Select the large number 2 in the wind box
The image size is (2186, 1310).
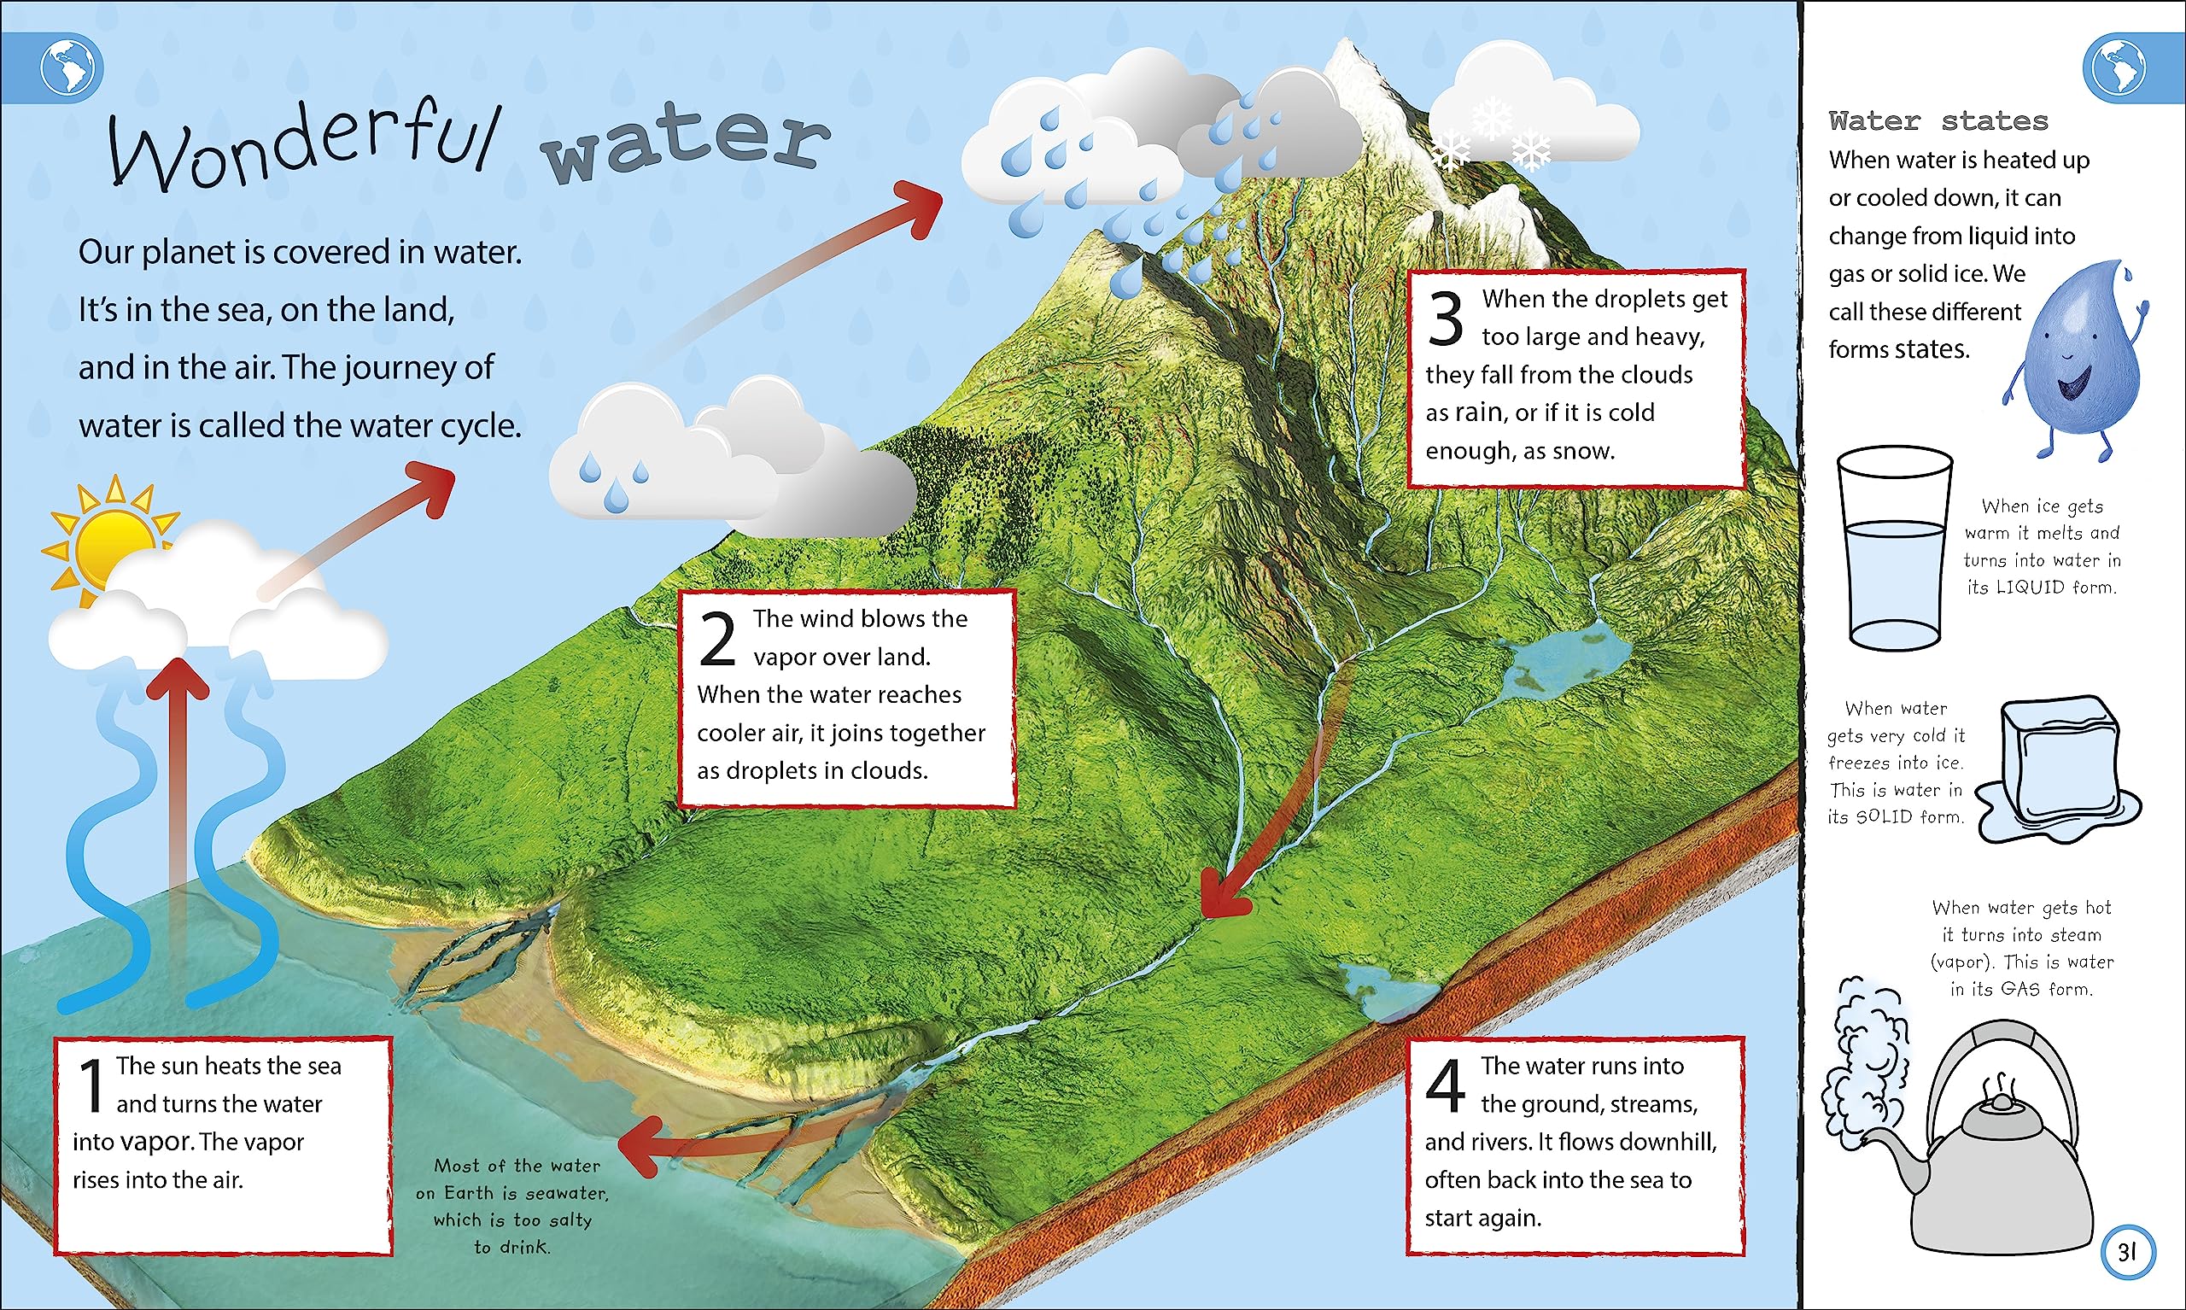716,639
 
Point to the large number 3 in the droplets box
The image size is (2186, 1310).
1446,319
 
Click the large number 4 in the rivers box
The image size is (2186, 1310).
1446,1085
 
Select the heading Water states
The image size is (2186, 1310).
1938,121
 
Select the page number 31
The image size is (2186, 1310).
2127,1252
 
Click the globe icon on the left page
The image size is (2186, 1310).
71,68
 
